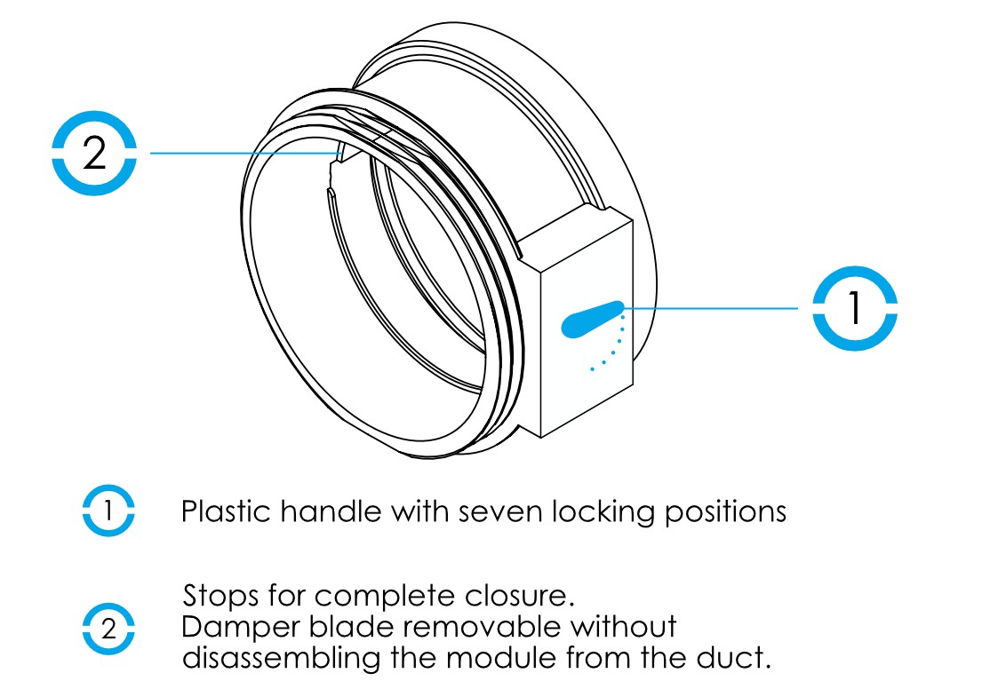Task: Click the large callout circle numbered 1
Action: (x=855, y=307)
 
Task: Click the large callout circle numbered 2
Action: (x=93, y=154)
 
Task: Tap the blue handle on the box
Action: (x=591, y=318)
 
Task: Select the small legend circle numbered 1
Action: (x=108, y=511)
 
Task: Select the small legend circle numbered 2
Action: (x=108, y=630)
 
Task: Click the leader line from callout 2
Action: (x=240, y=154)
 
